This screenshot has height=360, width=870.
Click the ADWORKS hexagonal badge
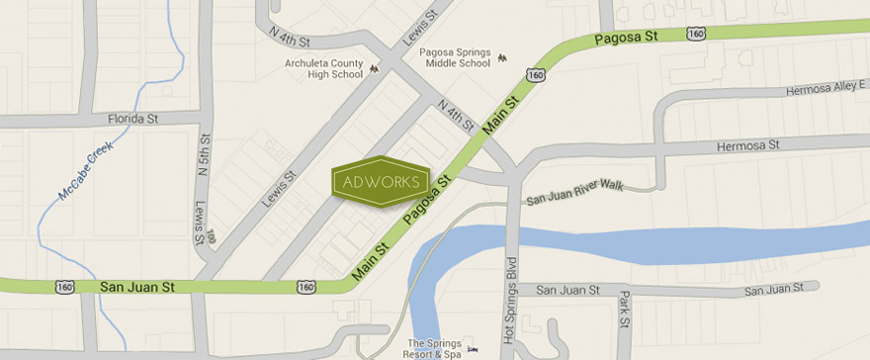(x=381, y=182)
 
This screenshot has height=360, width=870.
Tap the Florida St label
(x=132, y=119)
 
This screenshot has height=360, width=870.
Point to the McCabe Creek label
(x=85, y=171)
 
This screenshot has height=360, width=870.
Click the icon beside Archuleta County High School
(x=374, y=68)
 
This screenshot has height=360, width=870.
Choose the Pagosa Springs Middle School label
(x=455, y=57)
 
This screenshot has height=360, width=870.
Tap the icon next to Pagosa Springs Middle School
(x=502, y=57)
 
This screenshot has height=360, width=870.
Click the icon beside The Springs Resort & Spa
(x=472, y=348)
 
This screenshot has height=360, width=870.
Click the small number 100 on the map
(x=210, y=238)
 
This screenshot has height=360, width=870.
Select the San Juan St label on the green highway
(x=137, y=287)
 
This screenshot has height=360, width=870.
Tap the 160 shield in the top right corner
(x=696, y=33)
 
